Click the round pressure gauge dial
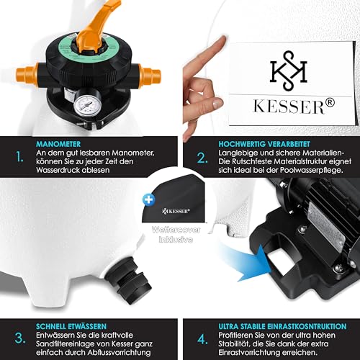(88, 105)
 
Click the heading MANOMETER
(58, 144)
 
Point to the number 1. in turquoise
(19, 157)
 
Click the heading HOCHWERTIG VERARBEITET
(264, 144)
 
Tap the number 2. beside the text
(202, 158)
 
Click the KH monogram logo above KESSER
(289, 71)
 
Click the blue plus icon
(148, 200)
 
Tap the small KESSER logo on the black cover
(176, 211)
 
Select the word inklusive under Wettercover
(176, 240)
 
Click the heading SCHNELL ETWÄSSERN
(71, 326)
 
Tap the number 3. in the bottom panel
(20, 338)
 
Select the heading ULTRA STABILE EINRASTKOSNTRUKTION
(282, 326)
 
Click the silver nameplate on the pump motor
(325, 227)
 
